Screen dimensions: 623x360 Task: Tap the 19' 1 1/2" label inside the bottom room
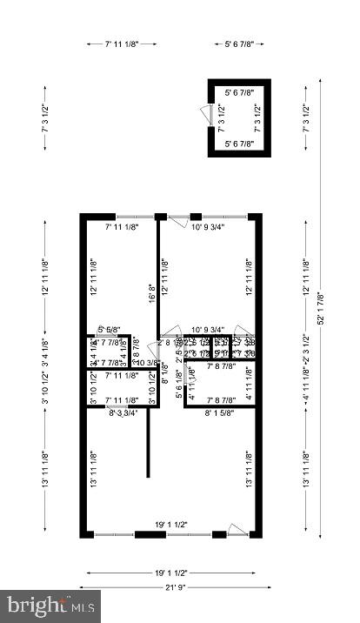[x=170, y=525]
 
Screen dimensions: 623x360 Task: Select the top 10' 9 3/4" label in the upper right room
[x=208, y=228]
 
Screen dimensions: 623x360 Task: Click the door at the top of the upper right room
[x=178, y=220]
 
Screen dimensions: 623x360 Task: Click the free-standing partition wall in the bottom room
[x=148, y=444]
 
